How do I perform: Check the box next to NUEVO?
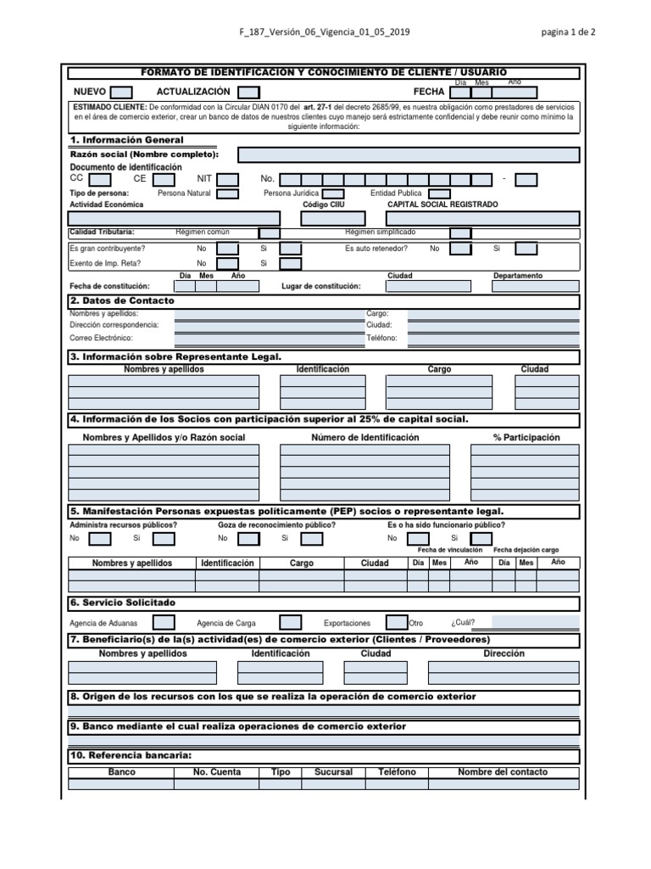(x=122, y=92)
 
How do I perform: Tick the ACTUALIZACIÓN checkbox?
(x=248, y=92)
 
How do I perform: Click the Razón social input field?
(x=409, y=154)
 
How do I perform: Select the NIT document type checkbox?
(x=227, y=179)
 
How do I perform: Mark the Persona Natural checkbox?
(x=227, y=193)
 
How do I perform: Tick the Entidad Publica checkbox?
(x=439, y=193)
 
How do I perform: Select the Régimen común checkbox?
(x=269, y=233)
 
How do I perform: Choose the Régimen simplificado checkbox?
(x=460, y=233)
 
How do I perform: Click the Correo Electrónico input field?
(x=261, y=338)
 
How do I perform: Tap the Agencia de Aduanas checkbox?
(x=164, y=621)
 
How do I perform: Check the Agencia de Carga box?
(x=290, y=621)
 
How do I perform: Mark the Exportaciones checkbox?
(x=397, y=621)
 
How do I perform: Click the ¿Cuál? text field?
(x=536, y=621)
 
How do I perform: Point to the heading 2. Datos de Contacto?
(x=122, y=301)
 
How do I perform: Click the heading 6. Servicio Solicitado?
(x=124, y=603)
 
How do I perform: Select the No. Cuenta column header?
(x=217, y=772)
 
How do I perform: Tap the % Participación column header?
(x=526, y=438)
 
